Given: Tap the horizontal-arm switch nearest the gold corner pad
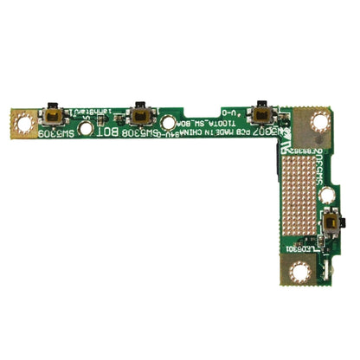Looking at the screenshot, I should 258,113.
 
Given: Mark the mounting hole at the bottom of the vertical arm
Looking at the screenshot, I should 300,273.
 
